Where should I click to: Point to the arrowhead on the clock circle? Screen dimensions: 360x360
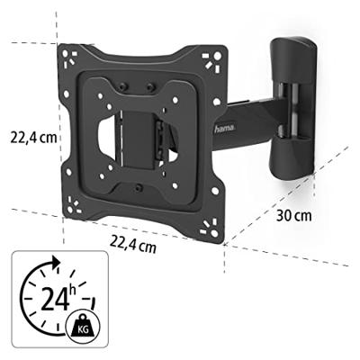pos(56,261)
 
